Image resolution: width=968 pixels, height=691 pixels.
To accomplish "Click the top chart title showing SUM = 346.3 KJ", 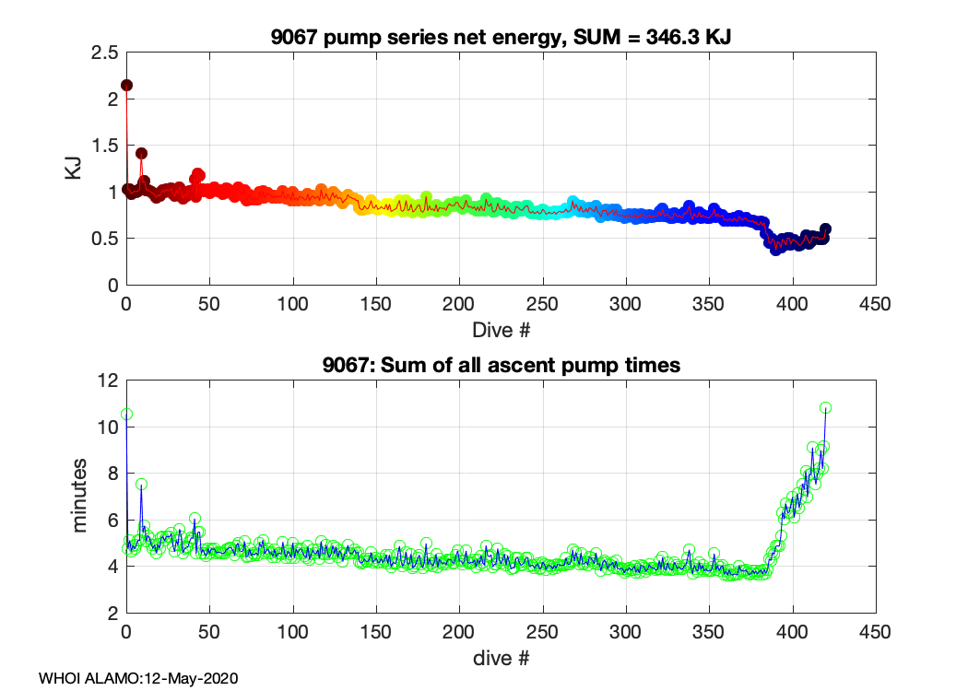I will click(x=501, y=38).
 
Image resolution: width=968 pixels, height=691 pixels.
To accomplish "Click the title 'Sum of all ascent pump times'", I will click(x=501, y=366).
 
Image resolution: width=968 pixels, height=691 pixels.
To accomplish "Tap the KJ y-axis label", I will click(x=73, y=169).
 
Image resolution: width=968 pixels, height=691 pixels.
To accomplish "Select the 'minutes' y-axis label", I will click(x=81, y=496).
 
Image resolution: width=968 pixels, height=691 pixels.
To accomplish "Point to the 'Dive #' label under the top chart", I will click(x=501, y=328).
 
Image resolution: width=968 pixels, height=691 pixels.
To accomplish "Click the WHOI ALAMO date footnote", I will click(x=138, y=678).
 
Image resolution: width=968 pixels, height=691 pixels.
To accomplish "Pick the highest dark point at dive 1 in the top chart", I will click(x=127, y=85).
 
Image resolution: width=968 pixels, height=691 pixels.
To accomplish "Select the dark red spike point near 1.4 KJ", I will click(x=141, y=153).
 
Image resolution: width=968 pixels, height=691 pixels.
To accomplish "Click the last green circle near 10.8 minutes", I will click(x=826, y=407).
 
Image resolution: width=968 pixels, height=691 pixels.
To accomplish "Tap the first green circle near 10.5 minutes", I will click(x=127, y=415).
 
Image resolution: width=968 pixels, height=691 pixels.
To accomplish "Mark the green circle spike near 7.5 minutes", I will click(x=141, y=484).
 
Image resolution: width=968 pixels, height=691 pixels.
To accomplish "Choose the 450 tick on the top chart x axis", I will click(x=875, y=303).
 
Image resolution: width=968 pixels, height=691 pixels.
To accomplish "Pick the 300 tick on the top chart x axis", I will click(x=625, y=303).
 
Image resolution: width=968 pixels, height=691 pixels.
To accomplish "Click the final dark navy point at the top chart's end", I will click(x=825, y=229).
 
